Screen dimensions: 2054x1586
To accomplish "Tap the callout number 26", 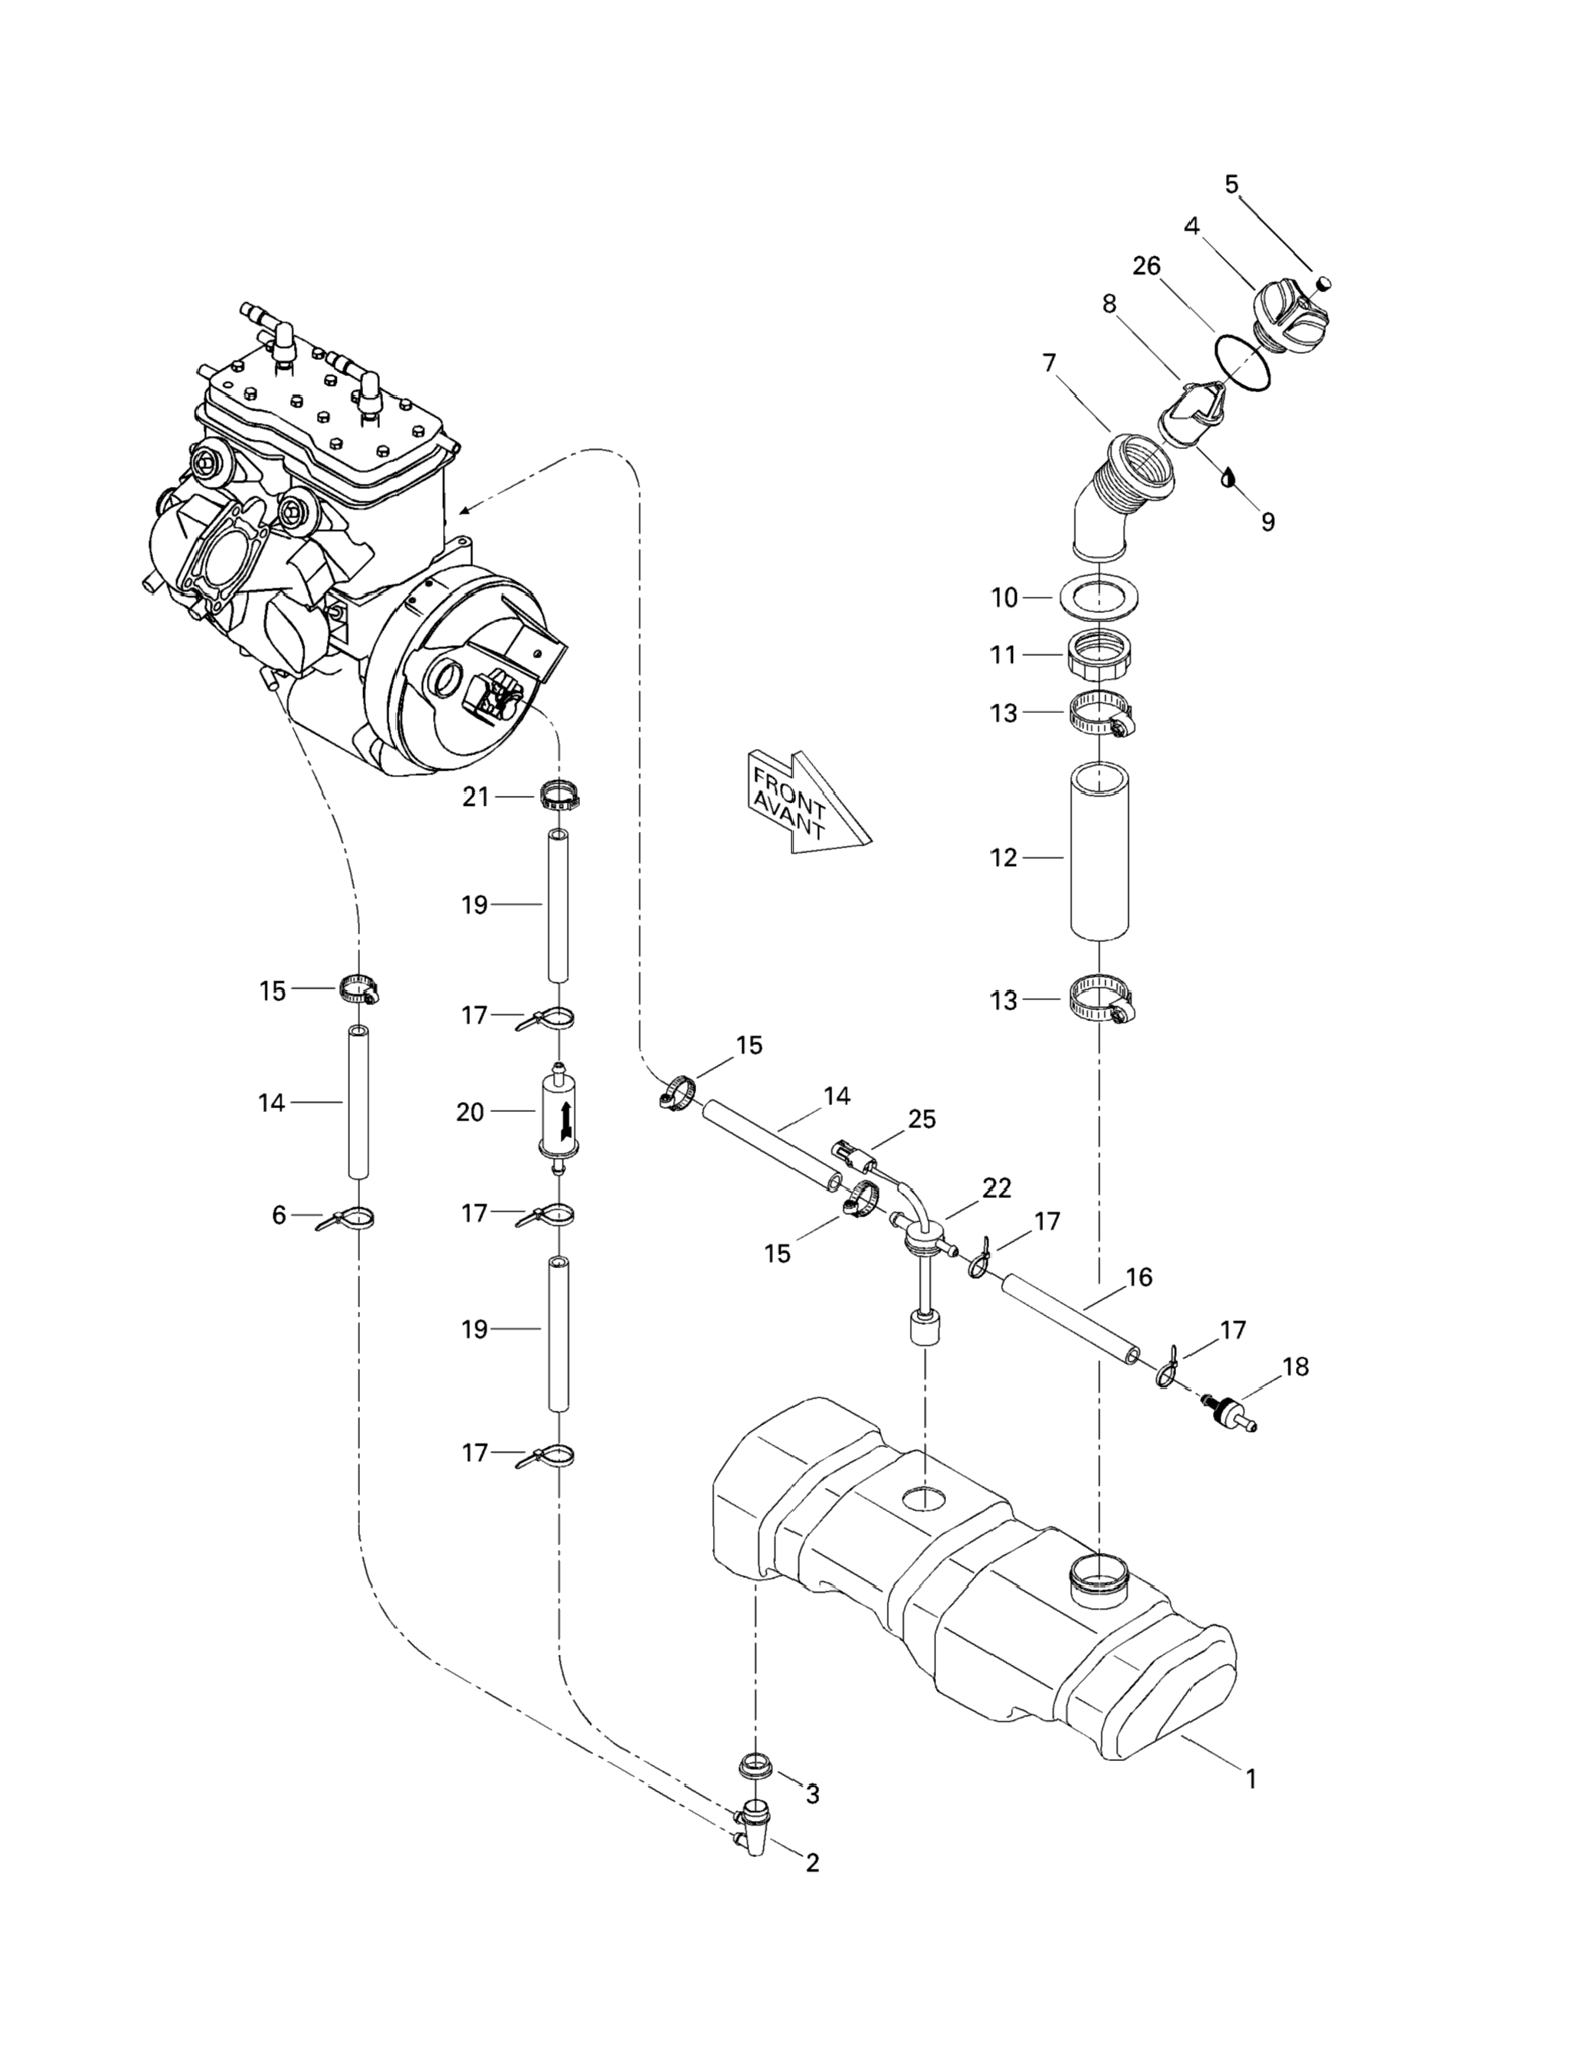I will point(1146,266).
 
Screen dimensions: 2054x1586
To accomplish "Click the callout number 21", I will point(475,797).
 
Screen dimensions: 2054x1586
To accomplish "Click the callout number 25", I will point(922,1119).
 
